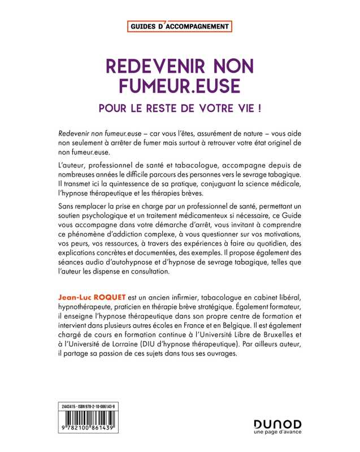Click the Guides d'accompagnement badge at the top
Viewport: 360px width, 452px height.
[x=180, y=27]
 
